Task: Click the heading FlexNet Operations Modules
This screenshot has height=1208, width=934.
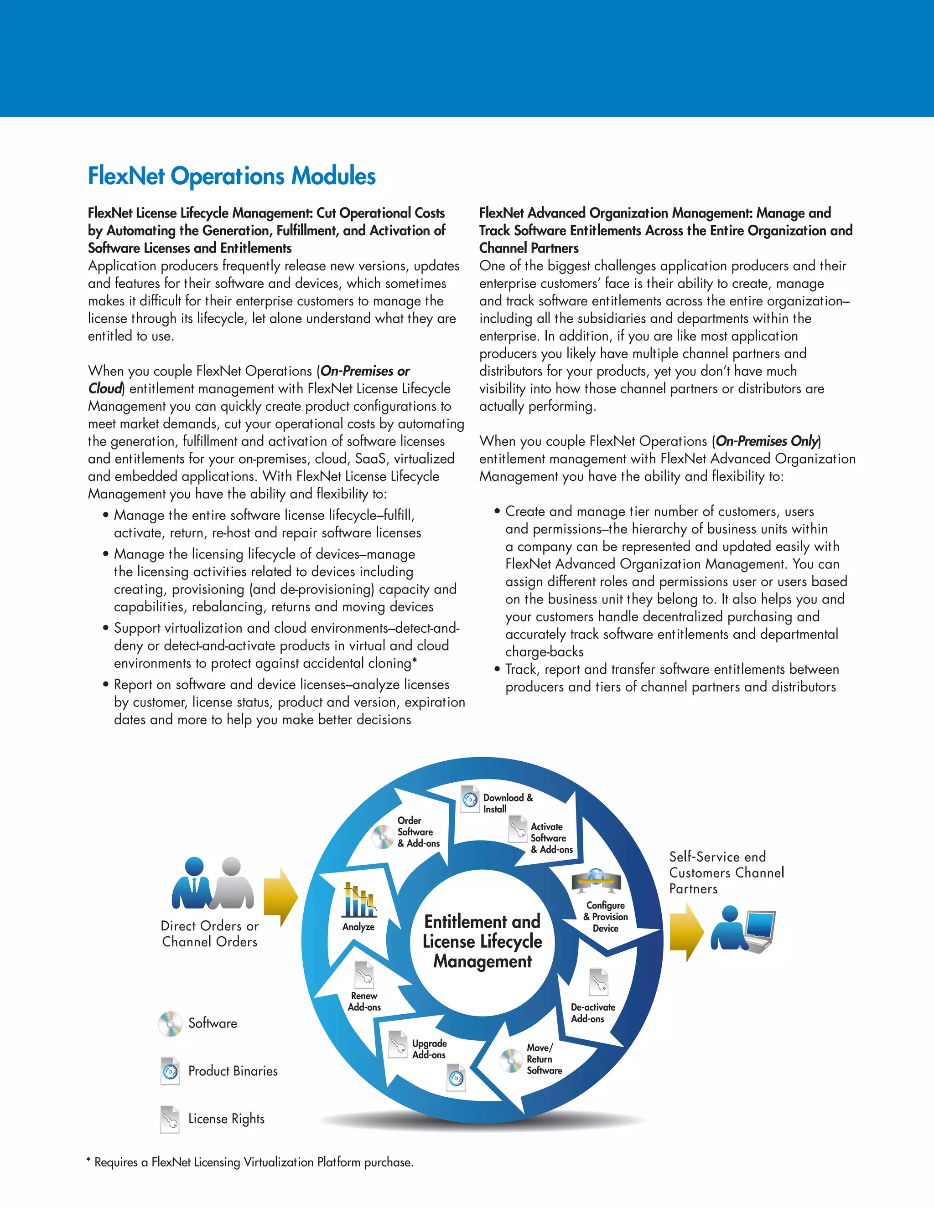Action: (x=232, y=176)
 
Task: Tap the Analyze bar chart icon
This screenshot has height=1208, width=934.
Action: (x=358, y=900)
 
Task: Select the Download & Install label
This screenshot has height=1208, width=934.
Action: (x=508, y=803)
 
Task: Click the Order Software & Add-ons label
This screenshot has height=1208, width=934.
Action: (x=418, y=832)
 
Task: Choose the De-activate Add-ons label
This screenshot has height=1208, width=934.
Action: (x=592, y=1013)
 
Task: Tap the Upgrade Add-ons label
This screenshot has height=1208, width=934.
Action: (x=429, y=1049)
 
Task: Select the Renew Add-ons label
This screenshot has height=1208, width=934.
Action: (x=364, y=1001)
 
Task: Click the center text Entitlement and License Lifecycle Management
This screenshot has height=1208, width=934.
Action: (x=482, y=941)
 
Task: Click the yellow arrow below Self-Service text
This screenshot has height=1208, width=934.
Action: (x=686, y=932)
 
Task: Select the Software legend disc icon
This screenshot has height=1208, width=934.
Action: (x=170, y=1023)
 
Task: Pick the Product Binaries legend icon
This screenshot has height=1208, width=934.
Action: (x=170, y=1071)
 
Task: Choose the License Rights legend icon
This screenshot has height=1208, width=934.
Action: (x=170, y=1119)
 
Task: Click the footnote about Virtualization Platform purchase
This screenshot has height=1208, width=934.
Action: (x=250, y=1162)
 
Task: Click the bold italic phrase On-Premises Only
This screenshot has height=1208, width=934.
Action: (x=766, y=441)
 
